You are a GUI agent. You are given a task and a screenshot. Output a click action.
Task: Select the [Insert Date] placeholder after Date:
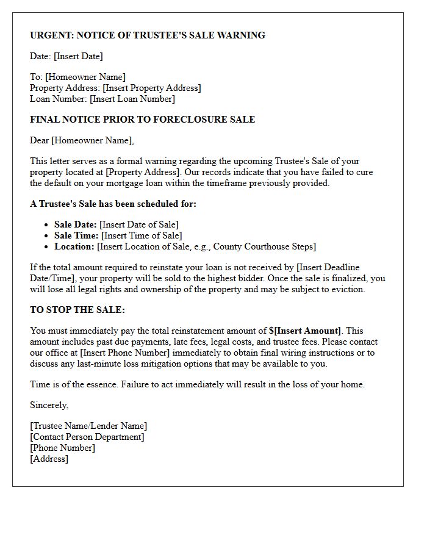[78, 56]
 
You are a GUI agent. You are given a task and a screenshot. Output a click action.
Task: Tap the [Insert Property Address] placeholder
[152, 88]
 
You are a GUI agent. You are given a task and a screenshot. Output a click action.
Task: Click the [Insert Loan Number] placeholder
[132, 99]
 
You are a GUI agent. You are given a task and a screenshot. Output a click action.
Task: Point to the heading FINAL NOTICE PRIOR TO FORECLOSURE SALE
[142, 120]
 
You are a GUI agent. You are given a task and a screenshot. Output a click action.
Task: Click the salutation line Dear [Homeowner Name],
[82, 140]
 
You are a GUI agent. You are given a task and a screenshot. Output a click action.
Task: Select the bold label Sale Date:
[75, 224]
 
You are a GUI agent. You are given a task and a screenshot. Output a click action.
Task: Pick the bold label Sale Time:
[76, 235]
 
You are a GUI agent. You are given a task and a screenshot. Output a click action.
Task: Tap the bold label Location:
[74, 246]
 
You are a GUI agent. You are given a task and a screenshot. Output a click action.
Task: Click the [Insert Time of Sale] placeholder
[142, 235]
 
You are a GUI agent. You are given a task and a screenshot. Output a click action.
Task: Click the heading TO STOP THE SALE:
[77, 310]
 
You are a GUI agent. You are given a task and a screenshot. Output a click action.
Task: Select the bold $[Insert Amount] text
[305, 331]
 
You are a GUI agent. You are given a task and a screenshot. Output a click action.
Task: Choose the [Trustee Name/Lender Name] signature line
[88, 426]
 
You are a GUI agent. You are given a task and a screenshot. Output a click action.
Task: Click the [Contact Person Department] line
[87, 437]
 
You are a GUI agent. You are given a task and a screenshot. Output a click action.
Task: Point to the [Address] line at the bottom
[49, 459]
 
